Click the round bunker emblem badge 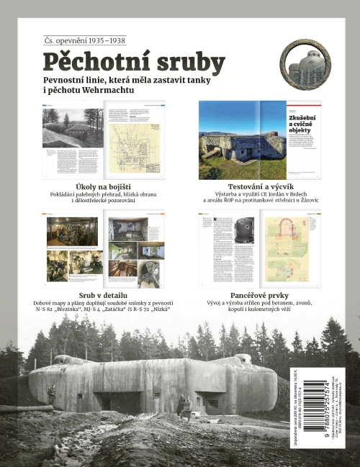click(305, 65)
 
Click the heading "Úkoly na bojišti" click(102, 185)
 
